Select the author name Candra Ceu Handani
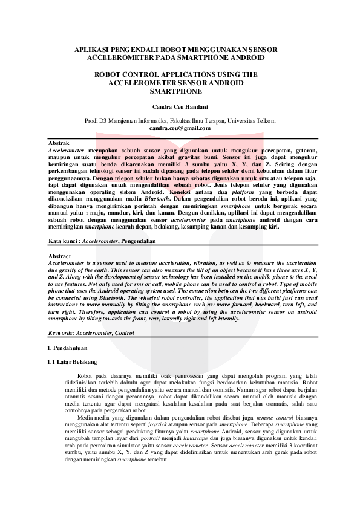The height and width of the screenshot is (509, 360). point(180,106)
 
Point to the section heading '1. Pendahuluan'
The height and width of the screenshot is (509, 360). point(67,349)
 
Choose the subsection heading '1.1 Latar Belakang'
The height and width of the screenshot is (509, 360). point(72,362)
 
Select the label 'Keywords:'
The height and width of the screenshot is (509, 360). point(62,333)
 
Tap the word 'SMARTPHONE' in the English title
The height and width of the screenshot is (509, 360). point(180,92)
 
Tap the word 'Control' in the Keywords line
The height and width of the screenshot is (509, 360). point(124,333)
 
